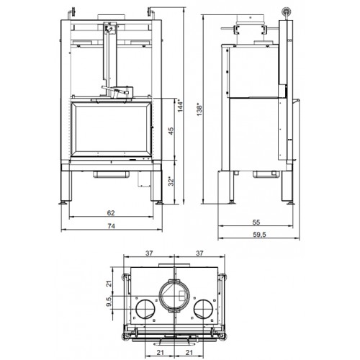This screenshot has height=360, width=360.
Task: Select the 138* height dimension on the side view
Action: click(207, 108)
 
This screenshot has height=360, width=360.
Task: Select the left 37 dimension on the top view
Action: click(148, 252)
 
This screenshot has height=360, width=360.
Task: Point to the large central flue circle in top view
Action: click(174, 295)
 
